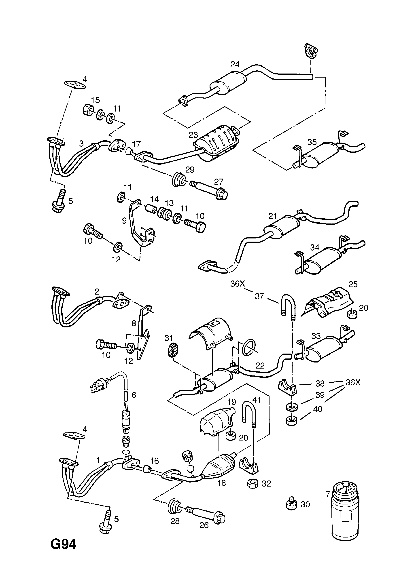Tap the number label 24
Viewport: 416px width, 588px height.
(235, 64)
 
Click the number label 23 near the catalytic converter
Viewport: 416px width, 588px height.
(193, 135)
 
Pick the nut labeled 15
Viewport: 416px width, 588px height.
(88, 110)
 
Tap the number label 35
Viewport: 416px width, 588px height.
(312, 142)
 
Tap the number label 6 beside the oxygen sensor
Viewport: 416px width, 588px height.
(134, 395)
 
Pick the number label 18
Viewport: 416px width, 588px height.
(221, 483)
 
